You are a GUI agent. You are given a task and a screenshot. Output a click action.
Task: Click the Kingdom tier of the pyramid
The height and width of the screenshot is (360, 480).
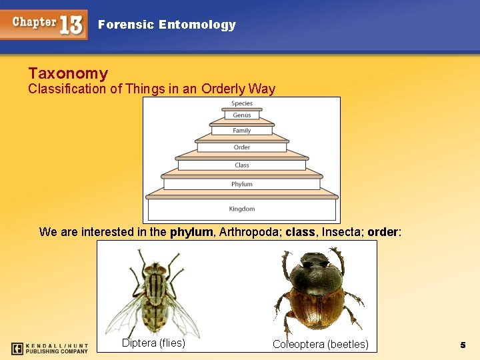242,209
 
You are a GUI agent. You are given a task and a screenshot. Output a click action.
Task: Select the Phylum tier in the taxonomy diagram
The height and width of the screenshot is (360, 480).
242,184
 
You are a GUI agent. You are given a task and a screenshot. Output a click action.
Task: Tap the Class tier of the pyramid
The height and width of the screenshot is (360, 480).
242,165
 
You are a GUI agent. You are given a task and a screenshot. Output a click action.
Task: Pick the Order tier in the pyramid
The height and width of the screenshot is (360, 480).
242,147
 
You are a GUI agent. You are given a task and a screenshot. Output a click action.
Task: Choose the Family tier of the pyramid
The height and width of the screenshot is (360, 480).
242,131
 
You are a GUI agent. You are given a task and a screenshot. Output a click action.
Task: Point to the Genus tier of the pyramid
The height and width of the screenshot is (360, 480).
242,115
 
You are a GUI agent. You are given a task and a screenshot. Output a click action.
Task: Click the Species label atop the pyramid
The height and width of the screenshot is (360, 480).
242,103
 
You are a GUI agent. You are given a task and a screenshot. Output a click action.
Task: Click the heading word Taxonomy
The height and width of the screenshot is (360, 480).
68,73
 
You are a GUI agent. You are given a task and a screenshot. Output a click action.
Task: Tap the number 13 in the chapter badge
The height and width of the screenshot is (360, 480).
71,25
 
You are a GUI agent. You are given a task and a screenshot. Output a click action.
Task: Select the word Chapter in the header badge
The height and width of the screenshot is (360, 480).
35,22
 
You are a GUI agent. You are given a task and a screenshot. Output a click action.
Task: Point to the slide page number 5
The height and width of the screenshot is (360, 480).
463,345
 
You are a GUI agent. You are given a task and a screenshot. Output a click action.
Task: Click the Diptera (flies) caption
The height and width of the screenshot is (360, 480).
153,343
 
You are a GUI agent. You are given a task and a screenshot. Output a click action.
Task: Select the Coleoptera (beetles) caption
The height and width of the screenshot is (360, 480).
320,344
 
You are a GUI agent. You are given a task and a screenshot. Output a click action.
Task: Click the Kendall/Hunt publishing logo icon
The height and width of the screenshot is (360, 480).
18,348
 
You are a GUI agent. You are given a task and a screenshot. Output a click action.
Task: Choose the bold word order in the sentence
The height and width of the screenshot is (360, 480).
382,232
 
